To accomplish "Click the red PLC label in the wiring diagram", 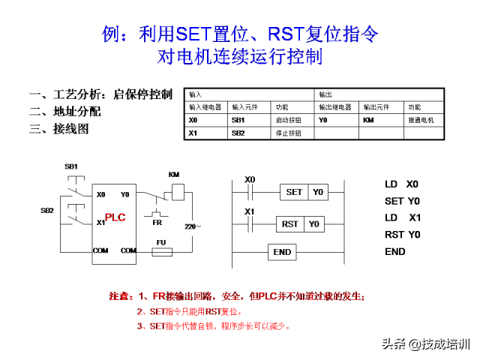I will (115, 217).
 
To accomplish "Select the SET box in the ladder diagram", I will (295, 192).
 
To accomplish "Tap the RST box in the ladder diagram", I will (290, 223).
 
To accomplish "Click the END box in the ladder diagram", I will (282, 252).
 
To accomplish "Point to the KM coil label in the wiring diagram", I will (174, 175).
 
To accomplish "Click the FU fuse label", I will (160, 242).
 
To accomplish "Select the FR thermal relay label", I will (157, 222).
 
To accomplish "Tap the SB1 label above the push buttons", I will (71, 165).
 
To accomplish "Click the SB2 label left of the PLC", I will (47, 211).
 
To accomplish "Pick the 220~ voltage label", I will (193, 225).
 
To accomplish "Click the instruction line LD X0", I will (402, 184).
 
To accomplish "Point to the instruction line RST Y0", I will (402, 235).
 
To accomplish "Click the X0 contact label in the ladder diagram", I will (250, 179).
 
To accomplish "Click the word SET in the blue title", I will (193, 34).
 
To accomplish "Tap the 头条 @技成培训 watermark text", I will (425, 344).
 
